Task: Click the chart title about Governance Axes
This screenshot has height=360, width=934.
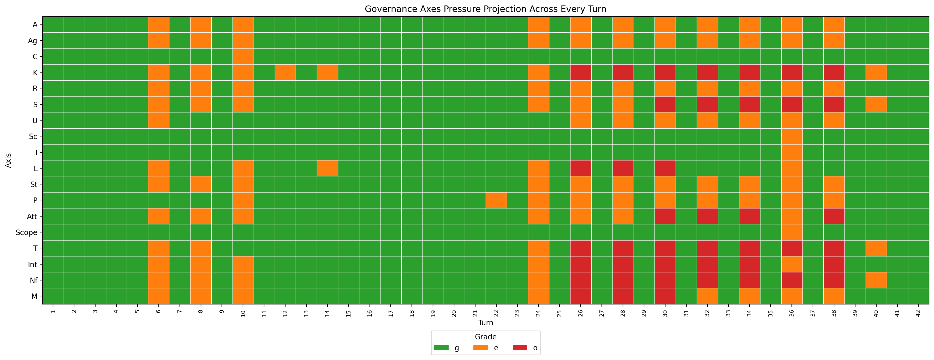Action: (485, 9)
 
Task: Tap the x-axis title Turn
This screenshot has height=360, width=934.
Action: (485, 323)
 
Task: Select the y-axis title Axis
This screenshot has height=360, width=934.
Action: (8, 160)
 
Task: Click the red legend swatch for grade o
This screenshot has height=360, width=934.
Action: (520, 348)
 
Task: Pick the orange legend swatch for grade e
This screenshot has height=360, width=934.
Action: (480, 348)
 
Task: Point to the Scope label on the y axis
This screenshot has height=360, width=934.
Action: (26, 232)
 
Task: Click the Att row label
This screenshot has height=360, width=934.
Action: (32, 217)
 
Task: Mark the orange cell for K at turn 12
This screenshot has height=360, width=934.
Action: (285, 73)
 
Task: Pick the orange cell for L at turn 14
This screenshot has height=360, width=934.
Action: (328, 169)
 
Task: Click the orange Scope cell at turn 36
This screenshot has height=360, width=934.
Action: (792, 232)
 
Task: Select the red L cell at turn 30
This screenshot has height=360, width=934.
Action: (665, 169)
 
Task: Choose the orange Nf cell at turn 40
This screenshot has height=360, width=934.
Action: (876, 280)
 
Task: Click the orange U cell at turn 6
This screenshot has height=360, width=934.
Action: (158, 120)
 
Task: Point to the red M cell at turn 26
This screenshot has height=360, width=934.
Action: (580, 296)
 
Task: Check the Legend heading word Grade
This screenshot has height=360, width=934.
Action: (485, 337)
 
